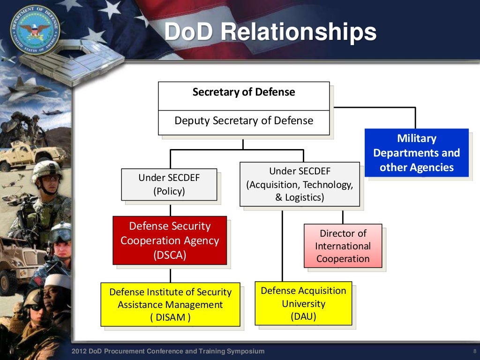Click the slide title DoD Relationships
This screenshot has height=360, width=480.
[270, 32]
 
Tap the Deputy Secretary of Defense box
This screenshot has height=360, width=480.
[244, 121]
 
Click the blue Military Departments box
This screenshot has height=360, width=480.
[417, 153]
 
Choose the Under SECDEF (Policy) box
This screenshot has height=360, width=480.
[169, 185]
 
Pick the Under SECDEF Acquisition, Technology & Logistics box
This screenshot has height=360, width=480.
[300, 184]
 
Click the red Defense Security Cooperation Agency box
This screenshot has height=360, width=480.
[170, 240]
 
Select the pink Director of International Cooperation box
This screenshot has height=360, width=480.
[343, 246]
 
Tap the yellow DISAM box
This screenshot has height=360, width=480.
[170, 305]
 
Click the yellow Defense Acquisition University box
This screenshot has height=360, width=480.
[303, 303]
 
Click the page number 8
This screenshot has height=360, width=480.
[474, 352]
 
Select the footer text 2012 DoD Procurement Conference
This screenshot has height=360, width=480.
[168, 352]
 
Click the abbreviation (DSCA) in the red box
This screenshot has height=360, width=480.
[170, 255]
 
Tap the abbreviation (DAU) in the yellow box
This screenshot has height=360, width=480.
[303, 316]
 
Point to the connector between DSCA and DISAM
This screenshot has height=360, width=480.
[170, 274]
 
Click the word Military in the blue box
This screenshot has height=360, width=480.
[417, 139]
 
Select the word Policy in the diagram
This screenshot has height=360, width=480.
[169, 191]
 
